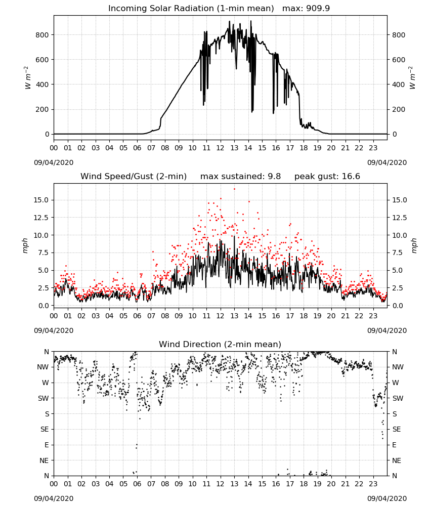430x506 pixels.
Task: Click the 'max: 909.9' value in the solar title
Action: point(306,9)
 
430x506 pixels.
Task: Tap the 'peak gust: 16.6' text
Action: point(327,177)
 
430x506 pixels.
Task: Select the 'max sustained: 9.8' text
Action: point(240,177)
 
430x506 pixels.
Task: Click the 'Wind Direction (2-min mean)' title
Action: point(220,344)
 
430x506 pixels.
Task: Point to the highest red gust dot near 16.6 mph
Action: point(235,189)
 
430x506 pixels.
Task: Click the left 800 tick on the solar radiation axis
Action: point(42,35)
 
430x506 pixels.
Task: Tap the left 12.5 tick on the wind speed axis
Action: point(41,218)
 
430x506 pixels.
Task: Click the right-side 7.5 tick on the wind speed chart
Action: point(397,252)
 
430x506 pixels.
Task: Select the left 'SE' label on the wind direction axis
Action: point(45,429)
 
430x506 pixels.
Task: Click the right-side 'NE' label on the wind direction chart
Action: point(397,460)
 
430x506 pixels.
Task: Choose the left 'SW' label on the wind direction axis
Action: point(44,398)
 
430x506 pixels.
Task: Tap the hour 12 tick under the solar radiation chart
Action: point(221,148)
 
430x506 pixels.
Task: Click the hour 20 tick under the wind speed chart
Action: point(331,316)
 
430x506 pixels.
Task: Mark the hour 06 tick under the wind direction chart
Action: point(137,484)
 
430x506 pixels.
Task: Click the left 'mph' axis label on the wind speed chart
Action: point(25,245)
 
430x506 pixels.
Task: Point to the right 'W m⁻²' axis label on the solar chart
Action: point(413,78)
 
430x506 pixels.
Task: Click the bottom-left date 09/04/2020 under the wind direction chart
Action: point(54,498)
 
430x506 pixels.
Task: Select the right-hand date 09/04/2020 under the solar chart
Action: point(387,162)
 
